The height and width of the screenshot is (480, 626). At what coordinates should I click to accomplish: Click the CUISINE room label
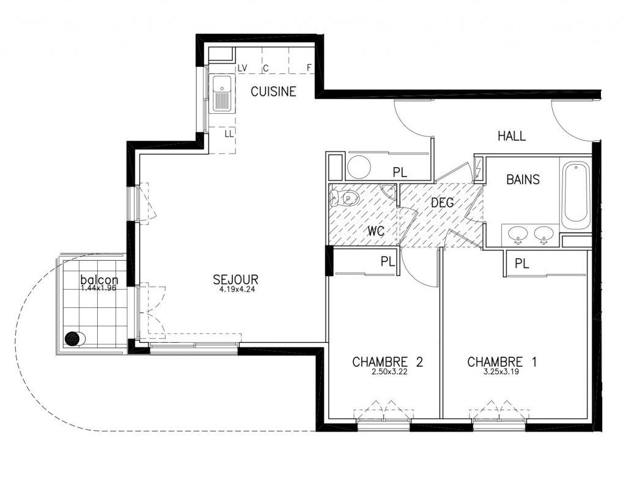[x=273, y=92]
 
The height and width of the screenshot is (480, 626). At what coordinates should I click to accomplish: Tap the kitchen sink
[x=221, y=93]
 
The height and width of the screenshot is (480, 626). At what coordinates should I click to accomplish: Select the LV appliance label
[x=242, y=69]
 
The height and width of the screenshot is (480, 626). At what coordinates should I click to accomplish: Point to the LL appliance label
[x=229, y=134]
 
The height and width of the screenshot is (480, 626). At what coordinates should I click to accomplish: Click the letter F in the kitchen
[x=309, y=68]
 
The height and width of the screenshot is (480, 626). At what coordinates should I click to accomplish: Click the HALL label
[x=512, y=136]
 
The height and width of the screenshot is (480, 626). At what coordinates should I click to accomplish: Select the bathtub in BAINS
[x=575, y=195]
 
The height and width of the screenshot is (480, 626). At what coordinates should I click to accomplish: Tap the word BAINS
[x=523, y=179]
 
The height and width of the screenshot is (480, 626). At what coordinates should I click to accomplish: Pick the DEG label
[x=443, y=203]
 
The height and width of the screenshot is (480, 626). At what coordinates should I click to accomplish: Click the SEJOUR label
[x=235, y=279]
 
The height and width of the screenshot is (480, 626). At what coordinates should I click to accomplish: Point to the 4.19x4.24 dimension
[x=237, y=289]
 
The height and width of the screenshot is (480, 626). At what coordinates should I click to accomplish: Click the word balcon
[x=100, y=279]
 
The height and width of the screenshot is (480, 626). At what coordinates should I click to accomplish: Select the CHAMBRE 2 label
[x=387, y=362]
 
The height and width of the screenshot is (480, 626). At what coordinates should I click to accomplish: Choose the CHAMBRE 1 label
[x=502, y=362]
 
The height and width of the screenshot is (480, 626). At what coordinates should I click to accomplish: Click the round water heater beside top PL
[x=359, y=167]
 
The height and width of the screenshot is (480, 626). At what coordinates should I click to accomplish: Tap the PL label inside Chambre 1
[x=522, y=264]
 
